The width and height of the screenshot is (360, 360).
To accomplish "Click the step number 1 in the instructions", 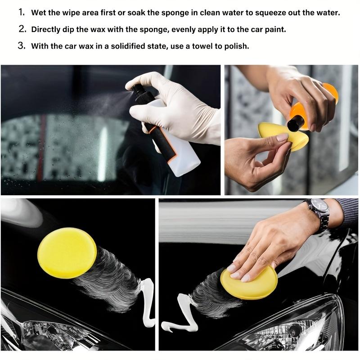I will point(22,12).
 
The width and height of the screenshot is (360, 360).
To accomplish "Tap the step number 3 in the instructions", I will point(22,46).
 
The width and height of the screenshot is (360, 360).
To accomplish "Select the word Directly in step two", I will point(46,29).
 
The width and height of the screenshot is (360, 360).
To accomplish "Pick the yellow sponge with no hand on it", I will point(67,249).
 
